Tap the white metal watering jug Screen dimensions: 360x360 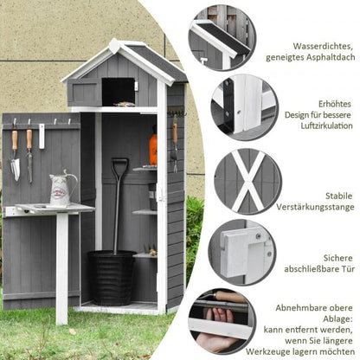coord(62,190)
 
